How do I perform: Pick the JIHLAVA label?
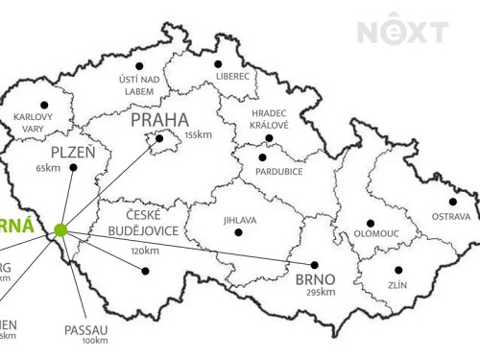pos(240,219)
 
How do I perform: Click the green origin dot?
pos(61,229)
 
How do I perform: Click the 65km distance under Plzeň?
pos(47,167)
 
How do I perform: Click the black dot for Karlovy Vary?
pos(42,105)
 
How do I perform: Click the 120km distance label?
pos(144,250)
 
